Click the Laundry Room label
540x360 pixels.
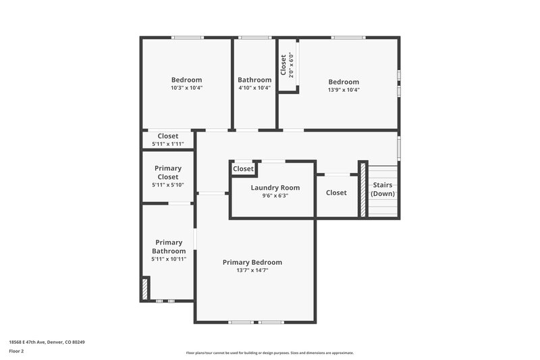275,188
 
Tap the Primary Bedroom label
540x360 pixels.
252,262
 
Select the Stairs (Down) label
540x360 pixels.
383,189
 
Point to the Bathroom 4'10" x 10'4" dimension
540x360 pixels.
254,88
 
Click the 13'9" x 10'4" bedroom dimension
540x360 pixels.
344,90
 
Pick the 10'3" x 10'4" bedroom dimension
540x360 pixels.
186,88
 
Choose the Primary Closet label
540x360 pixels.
168,172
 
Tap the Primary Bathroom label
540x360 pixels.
169,247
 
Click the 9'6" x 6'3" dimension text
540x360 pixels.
275,196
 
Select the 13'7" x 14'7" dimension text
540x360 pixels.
252,270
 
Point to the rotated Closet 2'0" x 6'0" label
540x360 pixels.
287,66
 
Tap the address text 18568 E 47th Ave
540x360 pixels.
47,342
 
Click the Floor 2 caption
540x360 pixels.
16,351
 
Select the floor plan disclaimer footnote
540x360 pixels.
270,353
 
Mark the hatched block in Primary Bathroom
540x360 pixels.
144,289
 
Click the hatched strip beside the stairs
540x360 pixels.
362,189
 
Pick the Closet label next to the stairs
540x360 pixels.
336,192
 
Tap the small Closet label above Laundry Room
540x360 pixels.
243,169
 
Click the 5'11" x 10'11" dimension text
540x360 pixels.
169,259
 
